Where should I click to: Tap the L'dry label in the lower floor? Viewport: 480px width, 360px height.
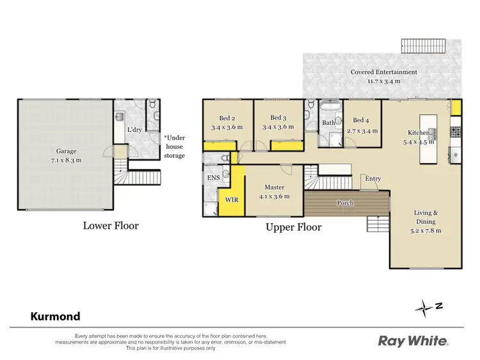pos(134,130)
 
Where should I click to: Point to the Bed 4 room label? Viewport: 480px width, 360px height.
pos(360,125)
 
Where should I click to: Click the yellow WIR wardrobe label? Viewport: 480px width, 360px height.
pos(231,200)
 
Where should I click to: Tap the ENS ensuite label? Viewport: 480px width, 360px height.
pos(212,178)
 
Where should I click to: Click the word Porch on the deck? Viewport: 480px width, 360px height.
pos(346,203)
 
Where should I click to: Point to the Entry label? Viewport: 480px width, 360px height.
pos(372,179)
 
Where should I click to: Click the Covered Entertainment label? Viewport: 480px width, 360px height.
pos(383,77)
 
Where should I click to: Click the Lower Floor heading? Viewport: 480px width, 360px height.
pos(110,225)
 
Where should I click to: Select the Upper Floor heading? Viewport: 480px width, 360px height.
pos(294,227)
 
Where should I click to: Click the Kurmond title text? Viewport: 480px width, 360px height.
pos(56,316)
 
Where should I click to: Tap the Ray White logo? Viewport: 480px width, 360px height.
pos(412,341)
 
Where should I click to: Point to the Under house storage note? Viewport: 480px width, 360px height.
pos(175,146)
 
